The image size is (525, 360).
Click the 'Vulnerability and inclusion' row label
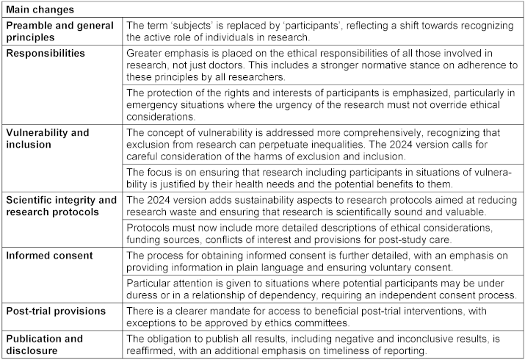pyautogui.click(x=47, y=138)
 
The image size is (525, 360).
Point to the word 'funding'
pyautogui.click(x=148, y=239)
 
